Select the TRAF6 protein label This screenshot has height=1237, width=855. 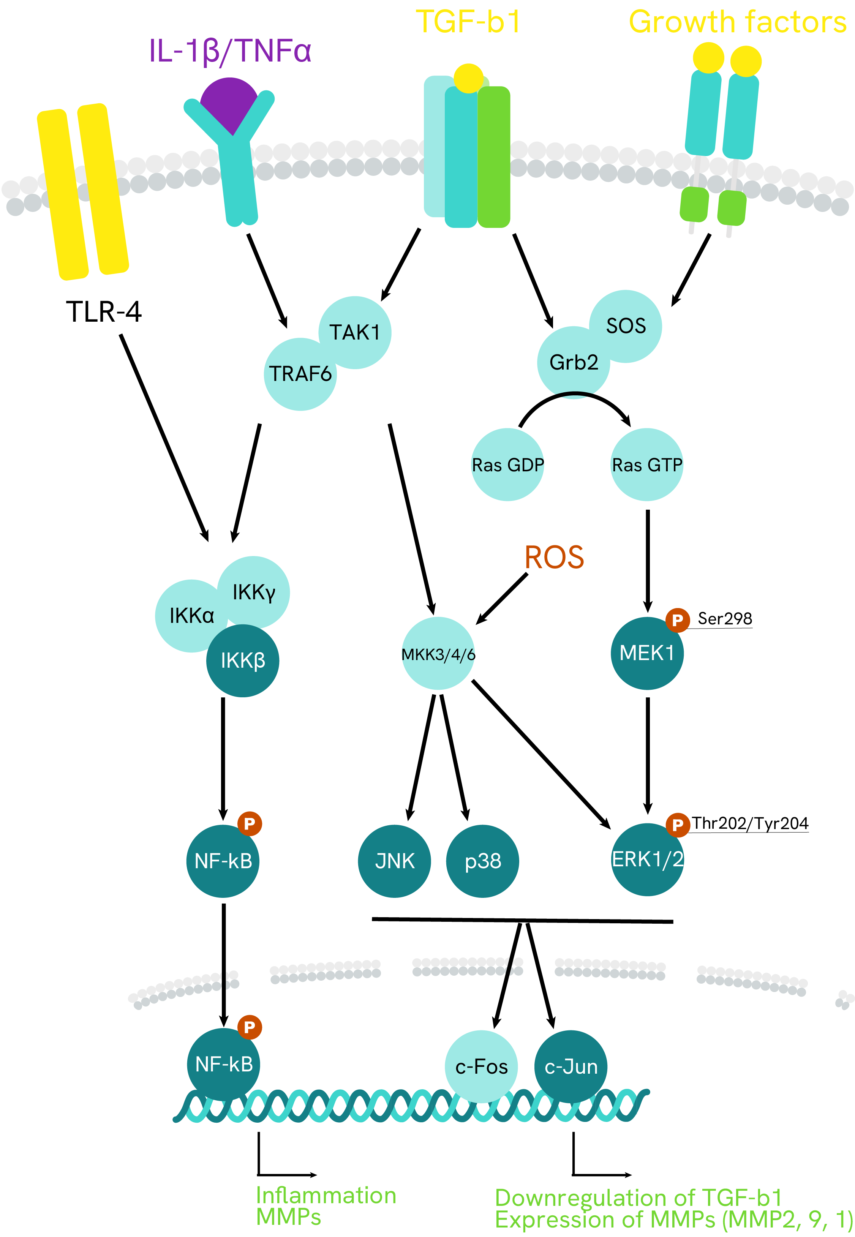[300, 374]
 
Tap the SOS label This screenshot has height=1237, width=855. [626, 326]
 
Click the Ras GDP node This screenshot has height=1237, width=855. [507, 465]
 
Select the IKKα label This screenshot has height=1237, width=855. [191, 616]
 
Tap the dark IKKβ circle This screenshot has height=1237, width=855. [243, 660]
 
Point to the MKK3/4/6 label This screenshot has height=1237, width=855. [438, 655]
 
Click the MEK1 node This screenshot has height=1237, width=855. [646, 653]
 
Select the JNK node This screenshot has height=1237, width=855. [395, 861]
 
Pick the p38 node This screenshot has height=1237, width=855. [483, 861]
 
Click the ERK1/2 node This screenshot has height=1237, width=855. [647, 859]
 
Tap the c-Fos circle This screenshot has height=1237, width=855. [481, 1066]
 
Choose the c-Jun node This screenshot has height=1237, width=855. [571, 1066]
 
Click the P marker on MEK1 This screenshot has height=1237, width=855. [677, 620]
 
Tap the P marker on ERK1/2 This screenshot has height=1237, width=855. [677, 825]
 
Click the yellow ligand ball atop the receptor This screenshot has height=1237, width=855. [468, 78]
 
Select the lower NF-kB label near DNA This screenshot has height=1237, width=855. [224, 1065]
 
